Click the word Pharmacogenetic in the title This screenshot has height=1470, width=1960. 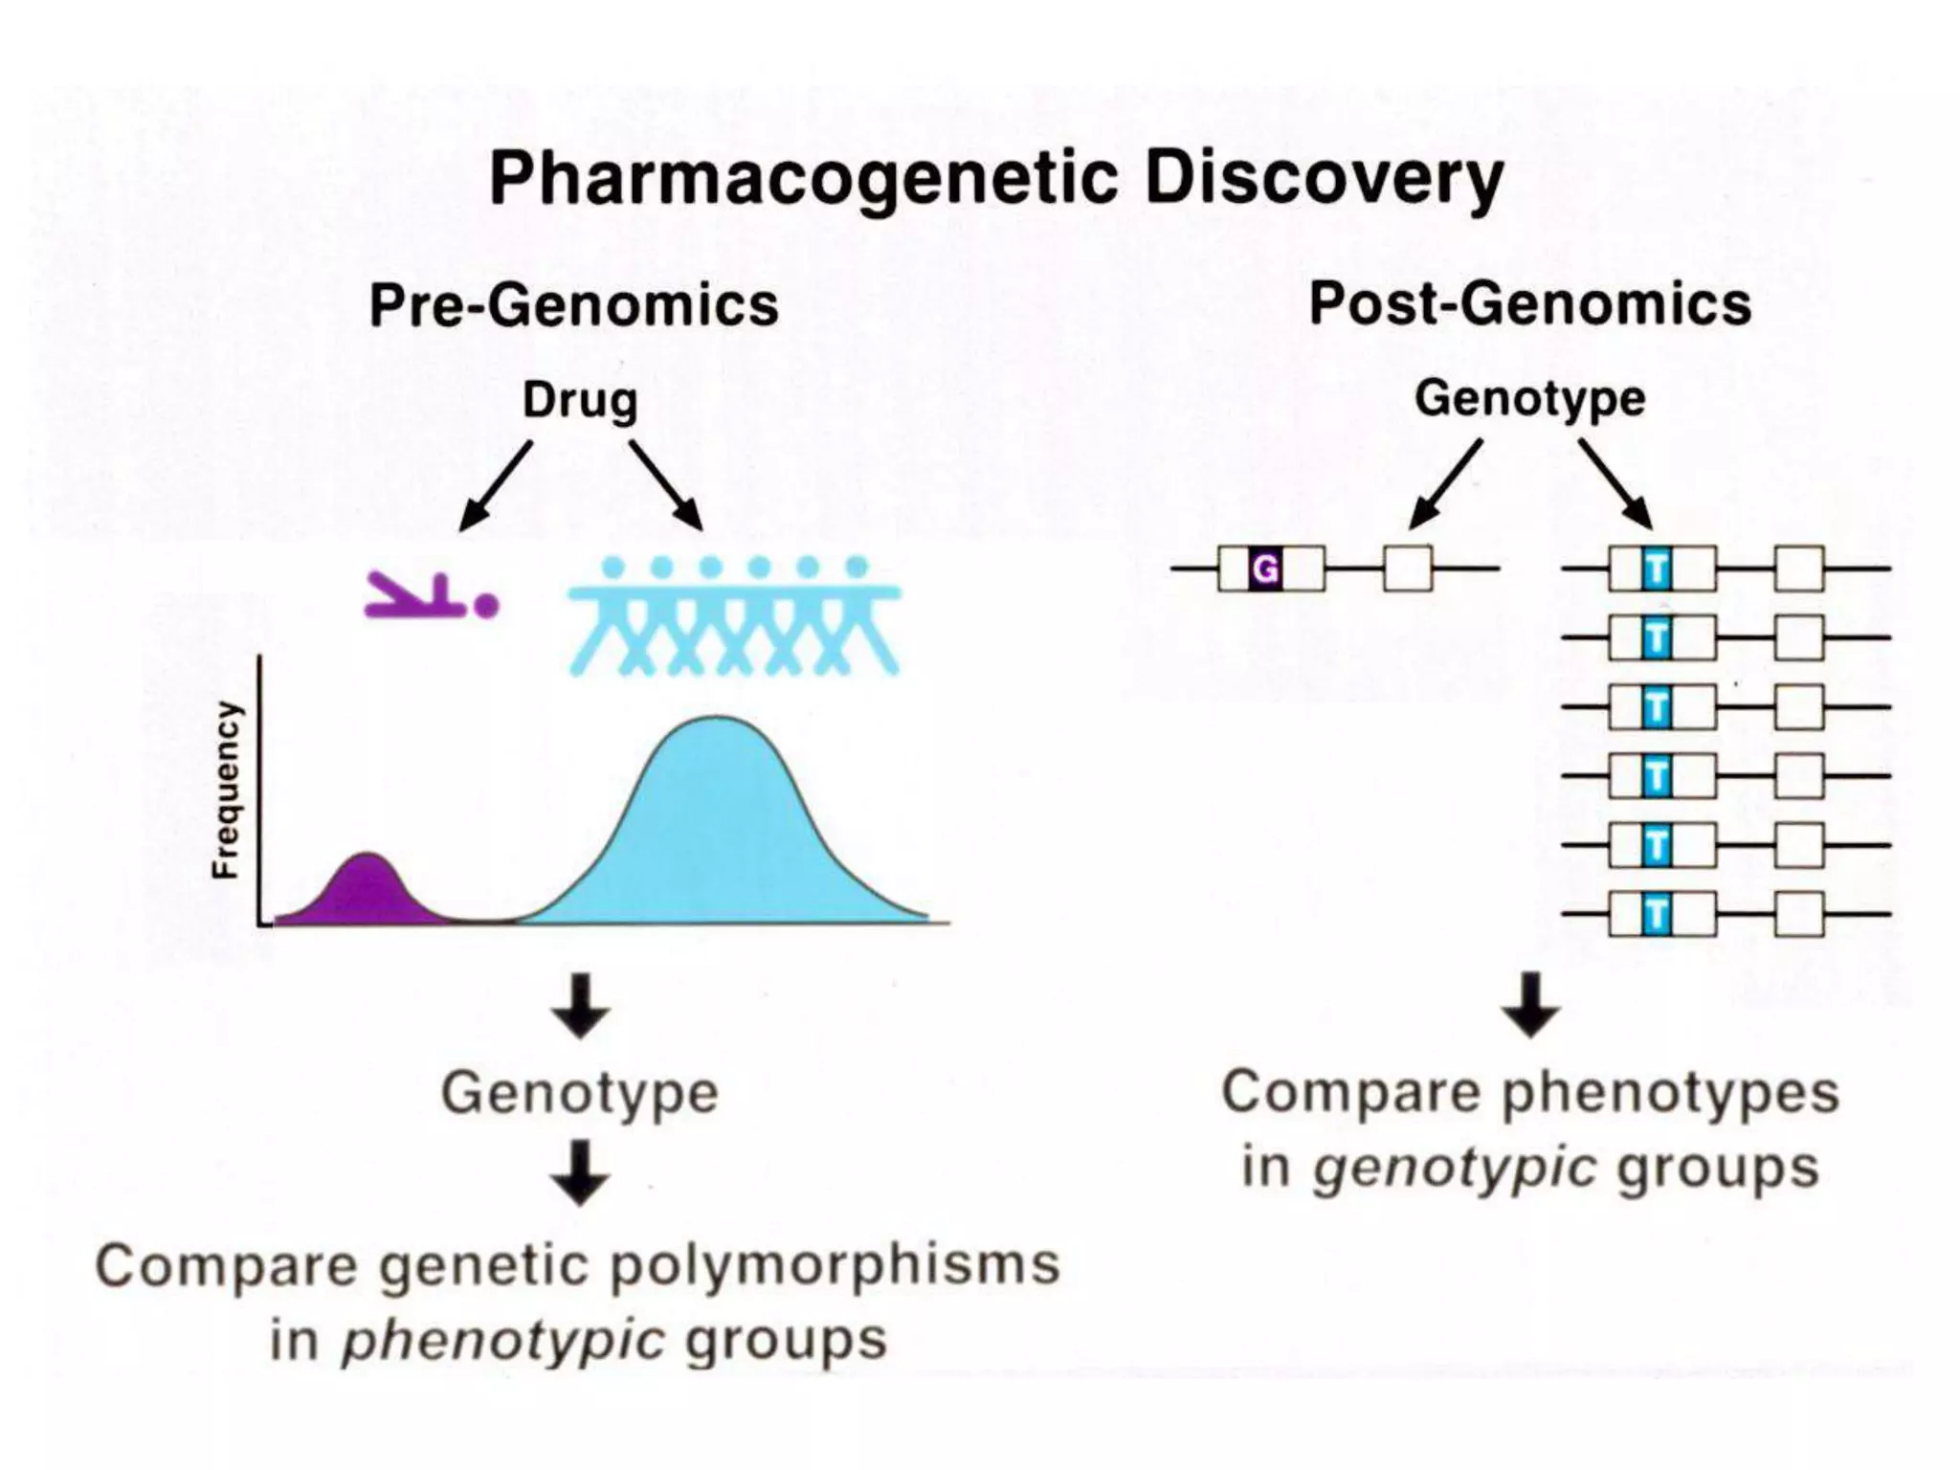click(802, 180)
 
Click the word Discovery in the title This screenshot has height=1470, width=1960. click(1324, 180)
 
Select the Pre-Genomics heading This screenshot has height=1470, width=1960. click(574, 306)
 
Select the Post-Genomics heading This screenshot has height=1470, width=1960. click(1529, 304)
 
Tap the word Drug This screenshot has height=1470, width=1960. click(580, 400)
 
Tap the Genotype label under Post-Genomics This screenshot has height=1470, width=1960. click(1529, 398)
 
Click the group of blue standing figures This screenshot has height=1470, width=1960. click(734, 617)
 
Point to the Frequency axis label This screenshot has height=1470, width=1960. click(226, 791)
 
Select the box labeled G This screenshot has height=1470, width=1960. click(1265, 569)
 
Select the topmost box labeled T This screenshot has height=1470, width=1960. click(1656, 569)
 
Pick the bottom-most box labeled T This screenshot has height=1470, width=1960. click(1656, 915)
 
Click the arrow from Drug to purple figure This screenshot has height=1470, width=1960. click(496, 485)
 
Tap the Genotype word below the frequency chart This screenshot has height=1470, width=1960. click(580, 1093)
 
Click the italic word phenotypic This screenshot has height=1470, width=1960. click(503, 1340)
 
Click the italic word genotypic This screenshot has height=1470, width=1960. click(1455, 1169)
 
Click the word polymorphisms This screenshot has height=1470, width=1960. click(835, 1265)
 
